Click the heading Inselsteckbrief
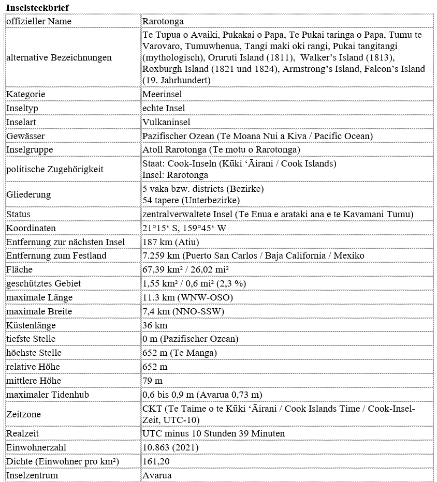pyautogui.click(x=37, y=7)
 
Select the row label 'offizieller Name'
pyautogui.click(x=39, y=21)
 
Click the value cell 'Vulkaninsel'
pyautogui.click(x=166, y=122)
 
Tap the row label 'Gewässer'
pyautogui.click(x=25, y=136)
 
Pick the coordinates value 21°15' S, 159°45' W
pyautogui.click(x=184, y=228)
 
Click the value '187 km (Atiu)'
pyautogui.click(x=170, y=242)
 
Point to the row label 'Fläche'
pyautogui.click(x=19, y=269)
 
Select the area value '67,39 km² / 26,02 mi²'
pyautogui.click(x=185, y=269)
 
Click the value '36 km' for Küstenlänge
pyautogui.click(x=154, y=325)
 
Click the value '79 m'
pyautogui.click(x=152, y=381)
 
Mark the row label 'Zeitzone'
pyautogui.click(x=23, y=414)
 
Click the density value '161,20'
pyautogui.click(x=156, y=461)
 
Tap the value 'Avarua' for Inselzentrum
pyautogui.click(x=157, y=475)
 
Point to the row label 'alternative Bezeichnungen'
pyautogui.click(x=59, y=57)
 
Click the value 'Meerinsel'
pyautogui.click(x=162, y=94)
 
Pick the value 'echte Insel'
pyautogui.click(x=164, y=108)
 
